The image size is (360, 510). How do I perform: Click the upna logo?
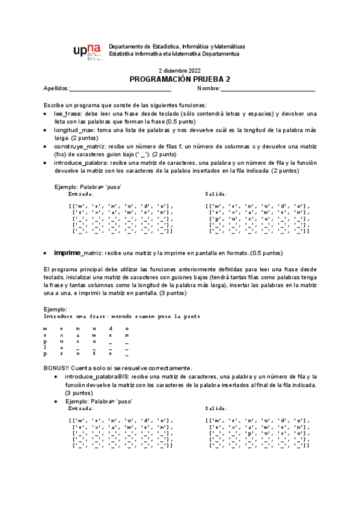87,52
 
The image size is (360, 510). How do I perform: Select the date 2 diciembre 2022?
180,70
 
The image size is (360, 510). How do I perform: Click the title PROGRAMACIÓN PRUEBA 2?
180,79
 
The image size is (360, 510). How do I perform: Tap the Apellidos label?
56,88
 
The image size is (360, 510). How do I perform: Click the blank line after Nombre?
268,89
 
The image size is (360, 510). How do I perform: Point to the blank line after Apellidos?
121,89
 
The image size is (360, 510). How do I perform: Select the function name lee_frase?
67,113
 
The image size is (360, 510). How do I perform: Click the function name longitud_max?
75,130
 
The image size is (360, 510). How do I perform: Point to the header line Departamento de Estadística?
177,46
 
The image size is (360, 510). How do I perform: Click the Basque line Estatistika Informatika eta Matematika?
174,54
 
